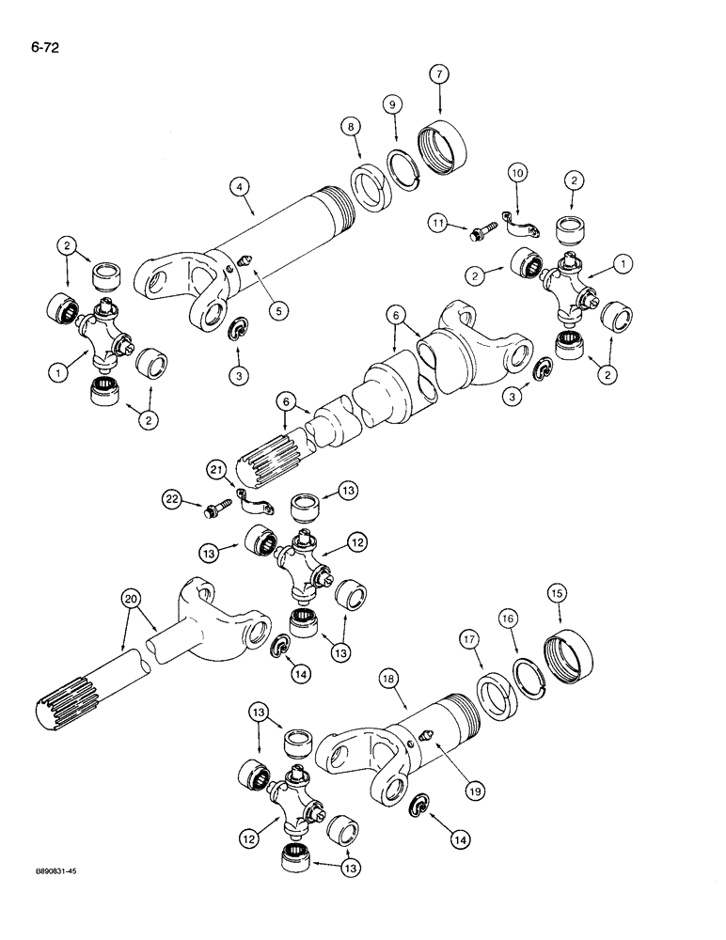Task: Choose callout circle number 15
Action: coord(560,593)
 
